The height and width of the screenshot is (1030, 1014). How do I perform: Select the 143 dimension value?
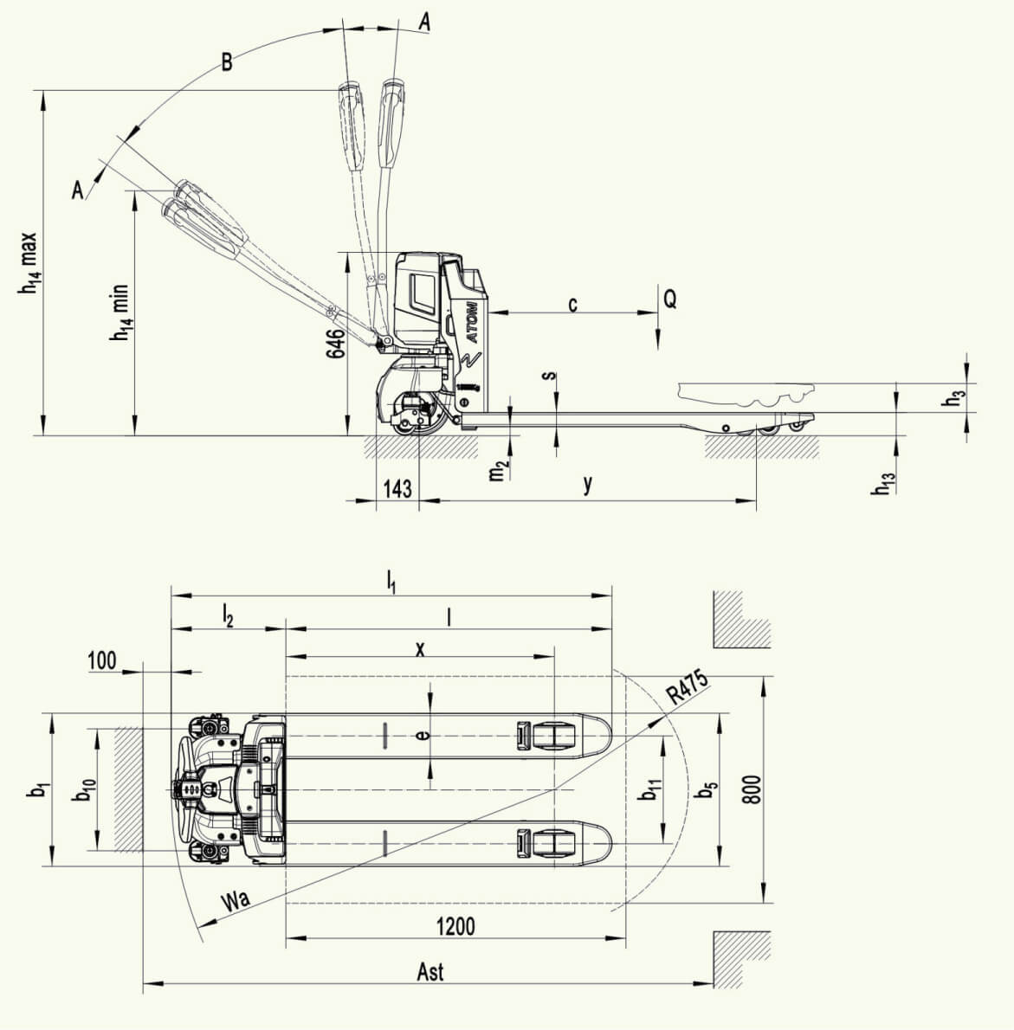[x=397, y=489]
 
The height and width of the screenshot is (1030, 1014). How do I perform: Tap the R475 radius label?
[x=688, y=686]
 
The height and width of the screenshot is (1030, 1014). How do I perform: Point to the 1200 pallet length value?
[x=455, y=926]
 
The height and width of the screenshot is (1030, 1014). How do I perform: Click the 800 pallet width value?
[x=753, y=789]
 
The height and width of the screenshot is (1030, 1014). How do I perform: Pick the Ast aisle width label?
[x=430, y=971]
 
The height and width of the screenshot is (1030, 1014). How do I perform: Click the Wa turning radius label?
[x=236, y=899]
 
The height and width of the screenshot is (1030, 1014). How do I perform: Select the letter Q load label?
[x=669, y=299]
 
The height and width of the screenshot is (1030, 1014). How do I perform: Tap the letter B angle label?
[x=226, y=62]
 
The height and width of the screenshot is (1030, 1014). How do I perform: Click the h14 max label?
[x=29, y=263]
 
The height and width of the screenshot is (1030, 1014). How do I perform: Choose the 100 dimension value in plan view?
[x=102, y=660]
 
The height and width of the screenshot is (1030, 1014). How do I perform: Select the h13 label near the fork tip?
[x=883, y=484]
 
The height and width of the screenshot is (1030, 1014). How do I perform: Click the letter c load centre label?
[x=573, y=304]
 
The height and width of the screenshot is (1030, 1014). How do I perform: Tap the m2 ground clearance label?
[x=499, y=470]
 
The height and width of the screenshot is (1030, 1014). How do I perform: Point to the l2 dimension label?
[x=228, y=617]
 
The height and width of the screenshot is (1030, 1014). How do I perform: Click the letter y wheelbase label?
[x=588, y=484]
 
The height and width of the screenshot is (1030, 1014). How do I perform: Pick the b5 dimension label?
[x=707, y=790]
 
